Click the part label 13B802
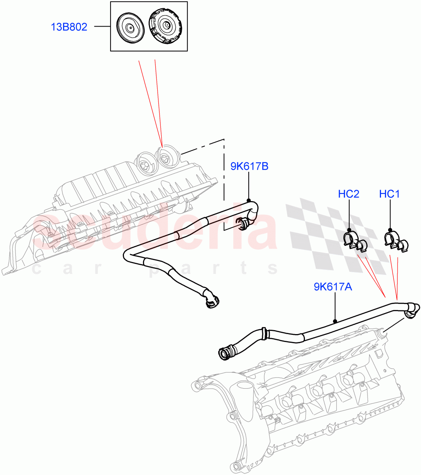pos(69,27)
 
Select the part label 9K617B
pos(250,167)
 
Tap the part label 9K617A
pos(333,287)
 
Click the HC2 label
pos(349,194)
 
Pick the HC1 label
pos(389,194)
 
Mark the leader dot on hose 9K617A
pos(335,321)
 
